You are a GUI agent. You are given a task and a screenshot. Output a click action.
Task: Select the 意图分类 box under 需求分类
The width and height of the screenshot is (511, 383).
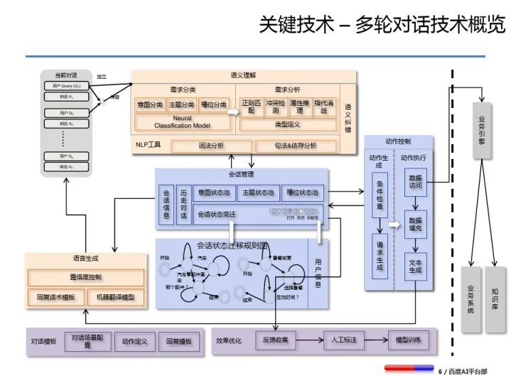click(150, 105)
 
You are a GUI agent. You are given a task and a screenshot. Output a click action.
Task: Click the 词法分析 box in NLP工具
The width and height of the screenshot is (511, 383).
click(210, 146)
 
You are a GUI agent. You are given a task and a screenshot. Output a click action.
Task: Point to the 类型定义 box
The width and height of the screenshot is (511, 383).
click(287, 124)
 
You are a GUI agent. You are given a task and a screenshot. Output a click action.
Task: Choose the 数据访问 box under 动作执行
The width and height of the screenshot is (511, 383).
click(416, 182)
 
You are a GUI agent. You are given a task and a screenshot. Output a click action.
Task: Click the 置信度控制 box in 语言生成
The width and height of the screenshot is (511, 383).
click(85, 276)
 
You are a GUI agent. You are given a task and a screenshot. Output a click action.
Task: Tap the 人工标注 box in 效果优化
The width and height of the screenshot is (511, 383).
click(343, 340)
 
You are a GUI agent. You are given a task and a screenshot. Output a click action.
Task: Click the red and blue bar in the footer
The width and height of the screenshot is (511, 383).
click(409, 369)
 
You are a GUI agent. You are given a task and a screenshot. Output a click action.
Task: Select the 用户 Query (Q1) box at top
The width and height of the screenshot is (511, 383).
click(67, 86)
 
